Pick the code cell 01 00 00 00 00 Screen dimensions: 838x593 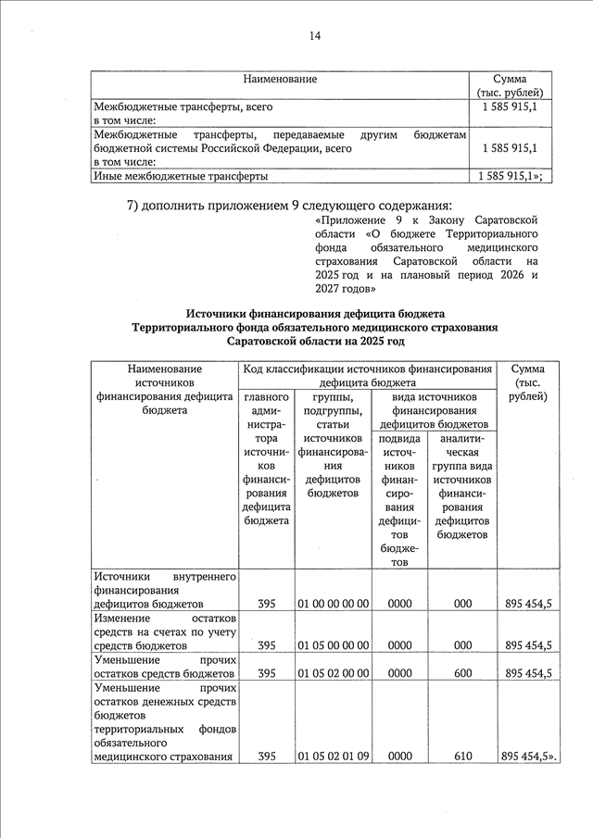pyautogui.click(x=334, y=604)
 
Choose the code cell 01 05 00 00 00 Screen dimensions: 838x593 pyautogui.click(x=334, y=645)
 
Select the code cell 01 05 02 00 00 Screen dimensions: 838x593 pyautogui.click(x=334, y=673)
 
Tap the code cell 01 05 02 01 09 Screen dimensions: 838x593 pyautogui.click(x=334, y=757)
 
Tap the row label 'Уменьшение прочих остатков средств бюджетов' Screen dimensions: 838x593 pyautogui.click(x=165, y=666)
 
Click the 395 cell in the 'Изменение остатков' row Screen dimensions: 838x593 pyautogui.click(x=267, y=645)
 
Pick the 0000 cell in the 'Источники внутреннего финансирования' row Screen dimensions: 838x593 pyautogui.click(x=399, y=604)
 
